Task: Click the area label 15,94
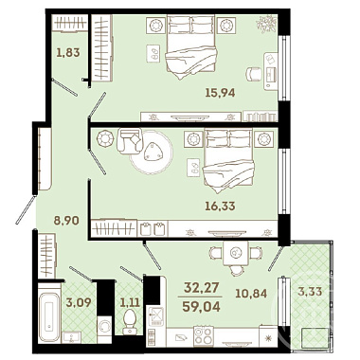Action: [220, 93]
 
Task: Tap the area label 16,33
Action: [220, 207]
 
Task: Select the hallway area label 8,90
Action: [66, 221]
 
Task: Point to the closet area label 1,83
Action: [68, 52]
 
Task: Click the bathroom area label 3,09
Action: [79, 302]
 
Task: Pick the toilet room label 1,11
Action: [130, 302]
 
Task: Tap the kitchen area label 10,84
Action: [251, 294]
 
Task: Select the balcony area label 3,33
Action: [310, 291]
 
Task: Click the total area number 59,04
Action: [201, 306]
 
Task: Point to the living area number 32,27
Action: [201, 288]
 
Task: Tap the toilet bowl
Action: [130, 321]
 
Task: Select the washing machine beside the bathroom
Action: [104, 328]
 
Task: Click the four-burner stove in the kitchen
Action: [204, 336]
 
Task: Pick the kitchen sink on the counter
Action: [156, 316]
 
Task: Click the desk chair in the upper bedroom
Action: [255, 75]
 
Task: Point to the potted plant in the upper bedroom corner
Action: [266, 25]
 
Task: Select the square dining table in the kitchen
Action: [235, 252]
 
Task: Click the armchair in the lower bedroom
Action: [129, 140]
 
